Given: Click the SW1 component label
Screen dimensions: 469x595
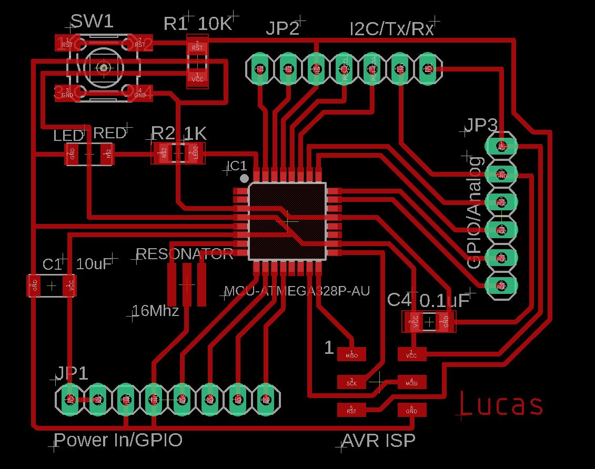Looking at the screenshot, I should (x=92, y=22).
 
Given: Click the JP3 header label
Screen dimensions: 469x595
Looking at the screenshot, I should (x=481, y=126).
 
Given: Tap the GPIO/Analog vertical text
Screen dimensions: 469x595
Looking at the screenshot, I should (x=475, y=212).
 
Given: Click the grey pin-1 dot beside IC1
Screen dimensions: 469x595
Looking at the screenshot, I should (x=244, y=178).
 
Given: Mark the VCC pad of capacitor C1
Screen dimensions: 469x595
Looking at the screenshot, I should (x=69, y=286).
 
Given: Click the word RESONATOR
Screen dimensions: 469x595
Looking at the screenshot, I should (x=184, y=254).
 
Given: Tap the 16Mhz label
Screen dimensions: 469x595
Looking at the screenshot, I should (x=156, y=311).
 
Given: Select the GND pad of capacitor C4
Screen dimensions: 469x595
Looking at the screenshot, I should (x=445, y=321).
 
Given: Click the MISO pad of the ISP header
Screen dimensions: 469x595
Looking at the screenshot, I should (x=351, y=354).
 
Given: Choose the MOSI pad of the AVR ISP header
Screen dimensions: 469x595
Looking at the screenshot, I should (x=411, y=382).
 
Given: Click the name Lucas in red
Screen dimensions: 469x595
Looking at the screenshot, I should (x=501, y=405).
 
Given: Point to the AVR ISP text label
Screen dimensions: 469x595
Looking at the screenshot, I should (x=378, y=441).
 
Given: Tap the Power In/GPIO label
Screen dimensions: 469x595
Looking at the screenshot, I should (x=118, y=440).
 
